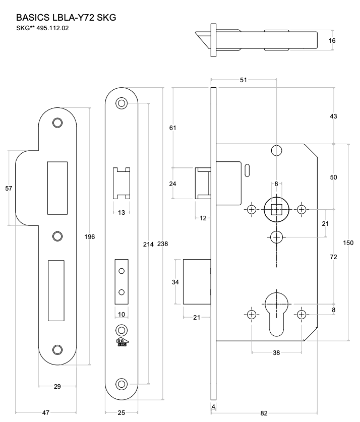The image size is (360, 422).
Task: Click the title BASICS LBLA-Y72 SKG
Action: click(67, 18)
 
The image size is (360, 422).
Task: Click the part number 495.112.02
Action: click(52, 28)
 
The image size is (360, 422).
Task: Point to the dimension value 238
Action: click(162, 244)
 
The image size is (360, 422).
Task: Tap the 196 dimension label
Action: click(89, 236)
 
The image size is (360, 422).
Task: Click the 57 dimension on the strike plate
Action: click(8, 188)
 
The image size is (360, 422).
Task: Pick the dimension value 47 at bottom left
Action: click(46, 412)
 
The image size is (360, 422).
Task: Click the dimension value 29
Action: click(57, 386)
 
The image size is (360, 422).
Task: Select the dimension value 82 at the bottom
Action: click(264, 412)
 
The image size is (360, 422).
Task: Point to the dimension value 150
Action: click(348, 243)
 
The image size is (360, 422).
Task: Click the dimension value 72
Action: click(333, 257)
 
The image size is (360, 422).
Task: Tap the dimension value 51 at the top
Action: click(244, 79)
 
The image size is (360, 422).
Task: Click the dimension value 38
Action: click(276, 353)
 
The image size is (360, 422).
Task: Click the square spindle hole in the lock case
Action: click(276, 210)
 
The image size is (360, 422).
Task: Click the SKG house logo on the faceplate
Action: click(121, 342)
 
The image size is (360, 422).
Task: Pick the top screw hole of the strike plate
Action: click(57, 123)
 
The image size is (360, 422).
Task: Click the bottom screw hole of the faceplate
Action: click(121, 383)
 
